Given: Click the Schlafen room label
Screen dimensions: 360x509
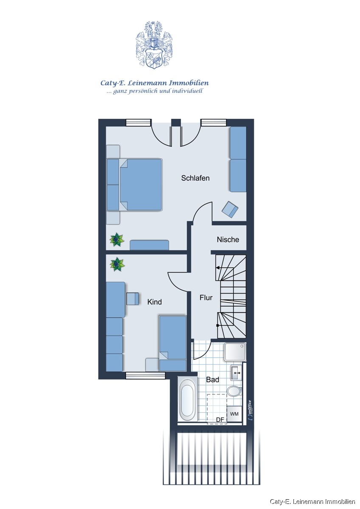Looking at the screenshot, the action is (x=195, y=178).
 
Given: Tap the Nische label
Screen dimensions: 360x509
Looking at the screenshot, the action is (x=228, y=240).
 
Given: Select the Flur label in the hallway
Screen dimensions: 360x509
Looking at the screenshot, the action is (x=206, y=298).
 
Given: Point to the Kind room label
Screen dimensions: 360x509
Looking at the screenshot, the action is (x=155, y=302).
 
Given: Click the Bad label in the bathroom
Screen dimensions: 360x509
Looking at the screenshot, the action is (x=213, y=380).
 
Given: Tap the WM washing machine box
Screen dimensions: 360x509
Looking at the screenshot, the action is (x=234, y=414).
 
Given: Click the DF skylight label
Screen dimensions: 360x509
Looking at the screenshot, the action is (x=220, y=420).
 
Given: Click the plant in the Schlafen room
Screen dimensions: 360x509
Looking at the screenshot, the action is (x=117, y=240).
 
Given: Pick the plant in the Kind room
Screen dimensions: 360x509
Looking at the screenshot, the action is (x=117, y=264).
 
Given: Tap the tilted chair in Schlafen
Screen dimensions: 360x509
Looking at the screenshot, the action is (x=230, y=209).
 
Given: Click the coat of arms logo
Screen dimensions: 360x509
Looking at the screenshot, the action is (x=154, y=45).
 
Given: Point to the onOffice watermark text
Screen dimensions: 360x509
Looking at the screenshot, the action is (x=250, y=409).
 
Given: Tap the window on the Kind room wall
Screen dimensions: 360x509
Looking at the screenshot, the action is (x=146, y=377).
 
